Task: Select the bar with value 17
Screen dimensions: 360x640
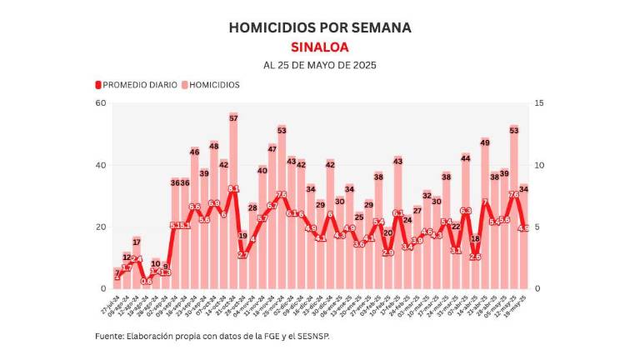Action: tap(137, 267)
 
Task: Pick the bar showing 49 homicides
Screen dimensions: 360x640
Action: tap(485, 217)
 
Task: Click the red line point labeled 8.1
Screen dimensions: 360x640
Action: tap(233, 189)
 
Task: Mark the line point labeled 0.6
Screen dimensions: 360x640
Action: tap(147, 281)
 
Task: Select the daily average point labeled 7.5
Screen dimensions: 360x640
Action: tap(282, 195)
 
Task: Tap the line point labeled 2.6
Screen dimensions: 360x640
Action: tap(475, 257)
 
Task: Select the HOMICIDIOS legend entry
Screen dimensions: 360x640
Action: tap(211, 84)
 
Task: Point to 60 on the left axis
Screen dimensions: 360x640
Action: tap(101, 103)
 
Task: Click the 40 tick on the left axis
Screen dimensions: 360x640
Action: tap(101, 165)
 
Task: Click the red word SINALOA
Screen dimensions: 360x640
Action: tap(320, 47)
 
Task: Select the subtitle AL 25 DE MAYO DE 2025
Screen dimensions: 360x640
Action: tap(320, 65)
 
